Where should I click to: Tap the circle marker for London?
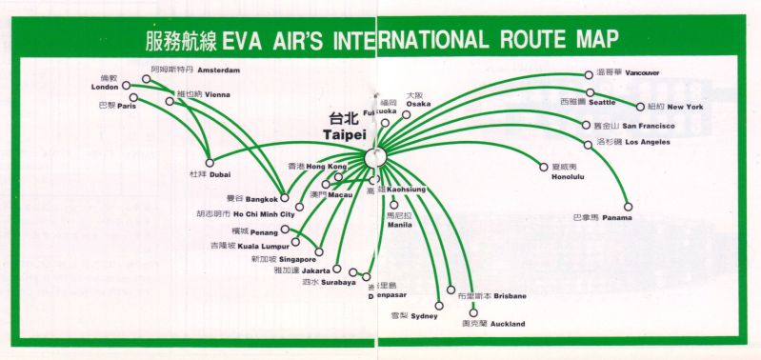[123, 87]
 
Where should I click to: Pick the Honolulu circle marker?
[544, 167]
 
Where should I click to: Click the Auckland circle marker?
[473, 312]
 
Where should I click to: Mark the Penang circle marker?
[285, 230]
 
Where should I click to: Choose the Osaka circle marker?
[407, 113]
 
